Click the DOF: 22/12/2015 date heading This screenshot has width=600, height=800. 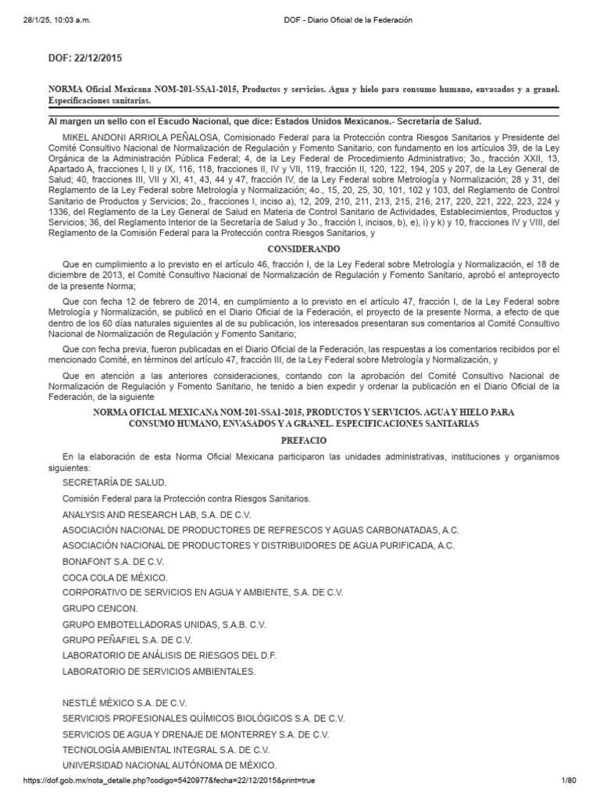(x=85, y=58)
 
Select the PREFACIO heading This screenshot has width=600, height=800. (x=300, y=441)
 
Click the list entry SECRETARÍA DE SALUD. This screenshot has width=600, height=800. (x=114, y=483)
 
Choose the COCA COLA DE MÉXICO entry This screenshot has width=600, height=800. (x=115, y=577)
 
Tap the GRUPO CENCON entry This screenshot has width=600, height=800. (x=100, y=609)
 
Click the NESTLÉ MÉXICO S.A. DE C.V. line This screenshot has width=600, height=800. (x=125, y=702)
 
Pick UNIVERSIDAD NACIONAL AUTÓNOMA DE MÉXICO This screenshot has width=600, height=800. (x=170, y=765)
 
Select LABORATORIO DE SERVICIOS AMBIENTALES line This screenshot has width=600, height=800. (x=159, y=671)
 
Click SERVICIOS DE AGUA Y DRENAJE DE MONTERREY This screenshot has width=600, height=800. (x=195, y=734)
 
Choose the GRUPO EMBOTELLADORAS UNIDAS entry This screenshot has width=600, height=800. (x=164, y=624)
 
